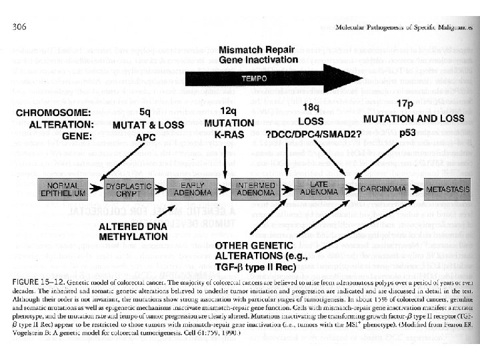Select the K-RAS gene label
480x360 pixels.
coord(229,135)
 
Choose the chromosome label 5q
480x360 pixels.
coord(145,111)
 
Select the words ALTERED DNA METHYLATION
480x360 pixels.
coord(133,231)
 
